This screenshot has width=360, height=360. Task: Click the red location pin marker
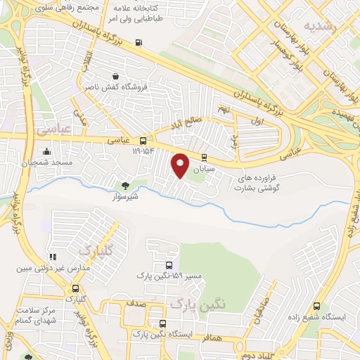(x=181, y=165)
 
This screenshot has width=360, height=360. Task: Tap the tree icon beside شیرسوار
(x=125, y=186)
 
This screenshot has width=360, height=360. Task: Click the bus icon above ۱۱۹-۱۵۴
(x=143, y=140)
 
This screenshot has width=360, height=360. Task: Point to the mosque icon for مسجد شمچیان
(x=46, y=150)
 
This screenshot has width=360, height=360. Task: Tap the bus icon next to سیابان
(x=204, y=157)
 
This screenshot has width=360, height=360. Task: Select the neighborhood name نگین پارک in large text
(x=199, y=304)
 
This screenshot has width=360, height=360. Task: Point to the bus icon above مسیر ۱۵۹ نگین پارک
(x=169, y=265)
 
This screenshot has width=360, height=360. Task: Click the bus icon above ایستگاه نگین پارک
(x=162, y=323)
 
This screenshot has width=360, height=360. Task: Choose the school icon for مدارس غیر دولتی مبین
(x=52, y=257)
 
